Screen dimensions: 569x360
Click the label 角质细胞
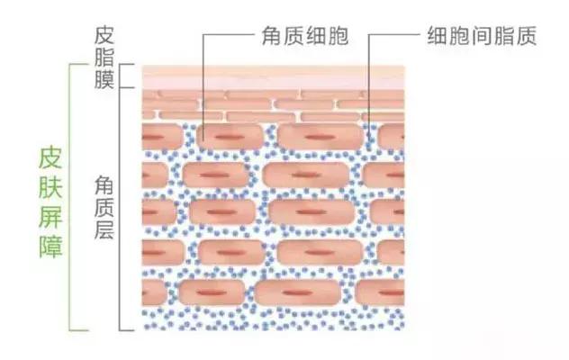(x=305, y=36)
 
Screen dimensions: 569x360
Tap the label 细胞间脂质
(x=482, y=36)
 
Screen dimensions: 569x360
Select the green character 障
(x=50, y=247)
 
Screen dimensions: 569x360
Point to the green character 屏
(x=50, y=218)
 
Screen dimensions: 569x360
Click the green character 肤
(x=50, y=187)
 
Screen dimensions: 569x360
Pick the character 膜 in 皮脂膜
(x=104, y=79)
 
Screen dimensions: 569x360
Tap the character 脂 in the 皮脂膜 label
(x=104, y=57)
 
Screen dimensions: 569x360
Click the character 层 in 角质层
(x=104, y=229)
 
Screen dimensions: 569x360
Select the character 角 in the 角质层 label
(x=104, y=184)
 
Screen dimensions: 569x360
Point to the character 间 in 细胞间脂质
(x=482, y=36)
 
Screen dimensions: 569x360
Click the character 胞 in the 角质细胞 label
(x=339, y=36)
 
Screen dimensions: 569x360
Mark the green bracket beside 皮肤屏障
(x=70, y=197)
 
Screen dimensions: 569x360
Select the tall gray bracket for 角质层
(x=120, y=209)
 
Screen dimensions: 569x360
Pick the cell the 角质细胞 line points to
(x=230, y=137)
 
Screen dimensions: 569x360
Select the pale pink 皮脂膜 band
(x=273, y=76)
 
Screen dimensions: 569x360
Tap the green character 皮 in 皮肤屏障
(x=50, y=158)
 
